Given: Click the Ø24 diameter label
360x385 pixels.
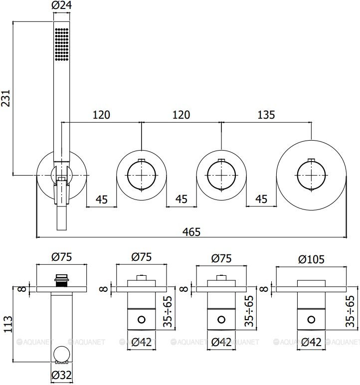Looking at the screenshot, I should (61, 6).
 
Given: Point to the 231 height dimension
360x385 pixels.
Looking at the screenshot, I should (6, 98).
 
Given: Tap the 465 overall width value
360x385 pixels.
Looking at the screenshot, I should (191, 231).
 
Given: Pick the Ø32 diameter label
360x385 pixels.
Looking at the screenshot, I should (62, 375).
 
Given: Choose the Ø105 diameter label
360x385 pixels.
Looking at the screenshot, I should (311, 259).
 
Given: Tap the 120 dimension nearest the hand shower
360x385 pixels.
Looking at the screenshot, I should (101, 115).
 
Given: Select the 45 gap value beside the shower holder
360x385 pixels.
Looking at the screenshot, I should (102, 199).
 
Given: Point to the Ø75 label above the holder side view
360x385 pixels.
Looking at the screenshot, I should (62, 258).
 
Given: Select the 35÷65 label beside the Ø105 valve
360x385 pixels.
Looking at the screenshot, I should (351, 310).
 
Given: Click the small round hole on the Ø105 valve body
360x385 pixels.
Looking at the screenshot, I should (312, 319).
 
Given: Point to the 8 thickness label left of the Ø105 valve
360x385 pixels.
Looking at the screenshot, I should (264, 288).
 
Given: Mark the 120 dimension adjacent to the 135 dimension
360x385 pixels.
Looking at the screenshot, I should (181, 115).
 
